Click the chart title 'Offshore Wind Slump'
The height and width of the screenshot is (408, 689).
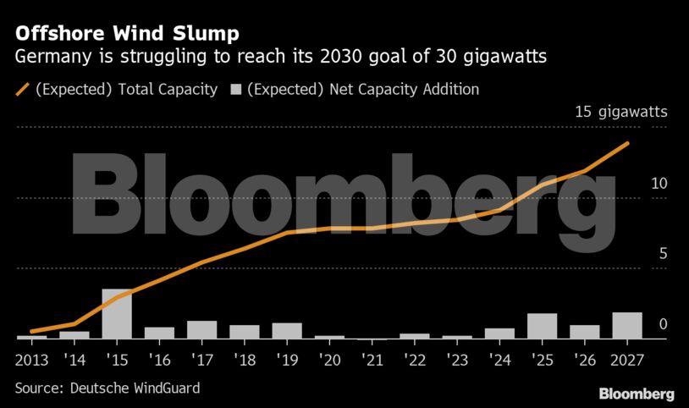tap(127, 34)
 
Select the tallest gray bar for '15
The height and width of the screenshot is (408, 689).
tap(117, 314)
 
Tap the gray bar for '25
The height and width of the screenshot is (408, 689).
tap(542, 326)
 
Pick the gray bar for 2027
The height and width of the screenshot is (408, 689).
tap(627, 326)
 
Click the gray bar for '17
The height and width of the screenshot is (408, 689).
tap(201, 329)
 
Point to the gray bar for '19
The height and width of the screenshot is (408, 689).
tap(287, 331)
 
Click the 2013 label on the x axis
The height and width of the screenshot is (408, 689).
tap(32, 359)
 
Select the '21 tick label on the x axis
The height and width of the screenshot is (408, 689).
tap(372, 359)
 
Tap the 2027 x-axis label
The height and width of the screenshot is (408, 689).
tap(627, 359)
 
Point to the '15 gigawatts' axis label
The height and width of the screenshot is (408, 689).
tap(620, 113)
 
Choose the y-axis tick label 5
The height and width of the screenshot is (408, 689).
tap(663, 254)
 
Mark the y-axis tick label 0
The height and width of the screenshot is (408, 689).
tap(663, 324)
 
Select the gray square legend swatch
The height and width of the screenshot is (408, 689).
tap(236, 89)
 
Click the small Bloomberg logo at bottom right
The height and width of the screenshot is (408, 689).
tap(637, 394)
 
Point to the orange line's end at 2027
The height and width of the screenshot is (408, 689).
tap(627, 143)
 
